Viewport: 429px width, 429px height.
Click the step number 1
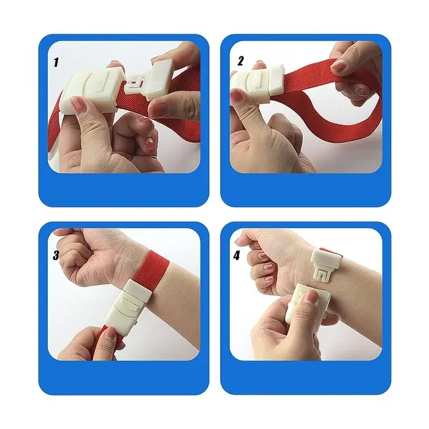56,62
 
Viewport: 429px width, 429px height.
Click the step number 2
240,61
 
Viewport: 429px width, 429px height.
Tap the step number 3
56,256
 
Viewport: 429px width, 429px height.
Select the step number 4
237,256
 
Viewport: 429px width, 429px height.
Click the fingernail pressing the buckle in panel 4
310,297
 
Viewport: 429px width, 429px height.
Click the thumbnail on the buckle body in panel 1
78,105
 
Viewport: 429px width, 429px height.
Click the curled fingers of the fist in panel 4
259,260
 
